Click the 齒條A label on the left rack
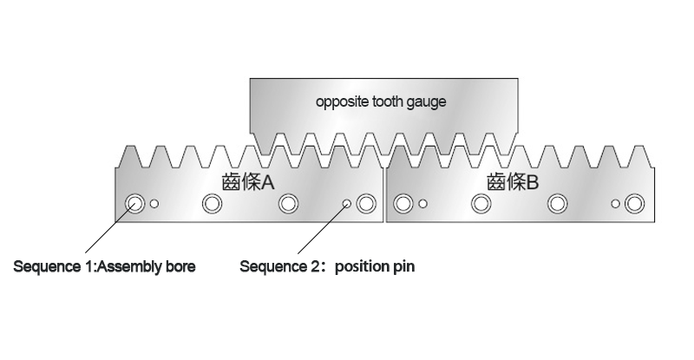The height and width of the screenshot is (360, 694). [248, 183]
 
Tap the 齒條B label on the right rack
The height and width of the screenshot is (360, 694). [514, 183]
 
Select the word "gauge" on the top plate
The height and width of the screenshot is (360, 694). [427, 102]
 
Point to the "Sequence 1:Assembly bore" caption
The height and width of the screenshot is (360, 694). [104, 266]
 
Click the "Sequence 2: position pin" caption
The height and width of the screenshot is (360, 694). [327, 266]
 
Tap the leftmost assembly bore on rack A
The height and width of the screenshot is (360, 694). [134, 204]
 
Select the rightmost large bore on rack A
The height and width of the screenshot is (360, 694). [365, 204]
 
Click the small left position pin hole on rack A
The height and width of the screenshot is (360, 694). [154, 204]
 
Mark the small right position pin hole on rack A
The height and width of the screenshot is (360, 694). [347, 204]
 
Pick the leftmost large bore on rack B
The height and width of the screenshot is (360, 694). [402, 204]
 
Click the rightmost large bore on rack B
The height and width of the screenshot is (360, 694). [634, 204]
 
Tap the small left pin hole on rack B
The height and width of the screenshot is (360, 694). [422, 204]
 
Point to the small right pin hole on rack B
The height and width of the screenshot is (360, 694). [615, 204]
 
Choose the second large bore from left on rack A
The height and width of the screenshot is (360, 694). [211, 204]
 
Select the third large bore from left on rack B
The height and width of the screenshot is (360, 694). [556, 204]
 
